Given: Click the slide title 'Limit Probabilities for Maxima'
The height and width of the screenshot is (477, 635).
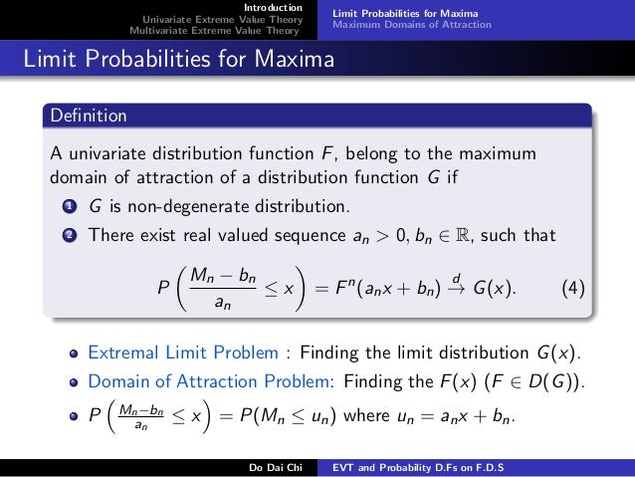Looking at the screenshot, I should point(179,61).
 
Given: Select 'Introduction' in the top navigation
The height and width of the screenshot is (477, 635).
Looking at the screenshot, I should point(273,8).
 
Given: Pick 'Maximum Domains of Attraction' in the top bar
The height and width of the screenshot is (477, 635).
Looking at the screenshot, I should point(412,24).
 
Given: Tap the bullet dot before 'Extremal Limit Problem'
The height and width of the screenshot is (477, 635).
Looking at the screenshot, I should point(74,354).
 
